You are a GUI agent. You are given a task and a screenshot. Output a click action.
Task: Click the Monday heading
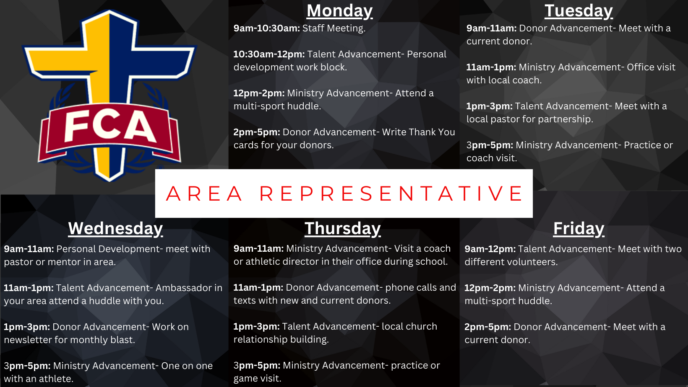pos(340,11)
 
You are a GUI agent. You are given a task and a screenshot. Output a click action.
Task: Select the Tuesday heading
pos(579,11)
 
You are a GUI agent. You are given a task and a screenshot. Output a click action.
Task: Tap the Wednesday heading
pos(115,229)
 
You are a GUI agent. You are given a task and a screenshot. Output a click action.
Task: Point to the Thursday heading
pos(343,229)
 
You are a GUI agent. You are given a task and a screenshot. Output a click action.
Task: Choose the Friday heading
pos(579,229)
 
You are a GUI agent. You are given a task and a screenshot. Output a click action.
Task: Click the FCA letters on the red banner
pos(109,126)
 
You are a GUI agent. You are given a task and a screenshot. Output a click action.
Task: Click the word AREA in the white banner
pos(204,193)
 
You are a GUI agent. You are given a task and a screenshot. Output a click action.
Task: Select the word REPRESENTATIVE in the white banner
pos(391,193)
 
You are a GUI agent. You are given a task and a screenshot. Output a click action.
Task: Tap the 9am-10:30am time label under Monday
pos(267,28)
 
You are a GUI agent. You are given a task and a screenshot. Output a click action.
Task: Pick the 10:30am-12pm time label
pos(269,54)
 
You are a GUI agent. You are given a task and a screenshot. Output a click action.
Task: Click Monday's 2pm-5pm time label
pos(257,132)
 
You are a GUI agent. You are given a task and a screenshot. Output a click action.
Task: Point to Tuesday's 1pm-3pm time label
pos(490,106)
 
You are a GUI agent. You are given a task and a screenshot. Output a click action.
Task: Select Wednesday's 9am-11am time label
pos(29,249)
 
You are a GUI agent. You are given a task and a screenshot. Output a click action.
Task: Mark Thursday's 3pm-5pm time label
pos(257,366)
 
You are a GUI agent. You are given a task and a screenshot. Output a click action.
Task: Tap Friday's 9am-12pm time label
pos(490,249)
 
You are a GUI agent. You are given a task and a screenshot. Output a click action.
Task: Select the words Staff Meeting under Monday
pos(334,28)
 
